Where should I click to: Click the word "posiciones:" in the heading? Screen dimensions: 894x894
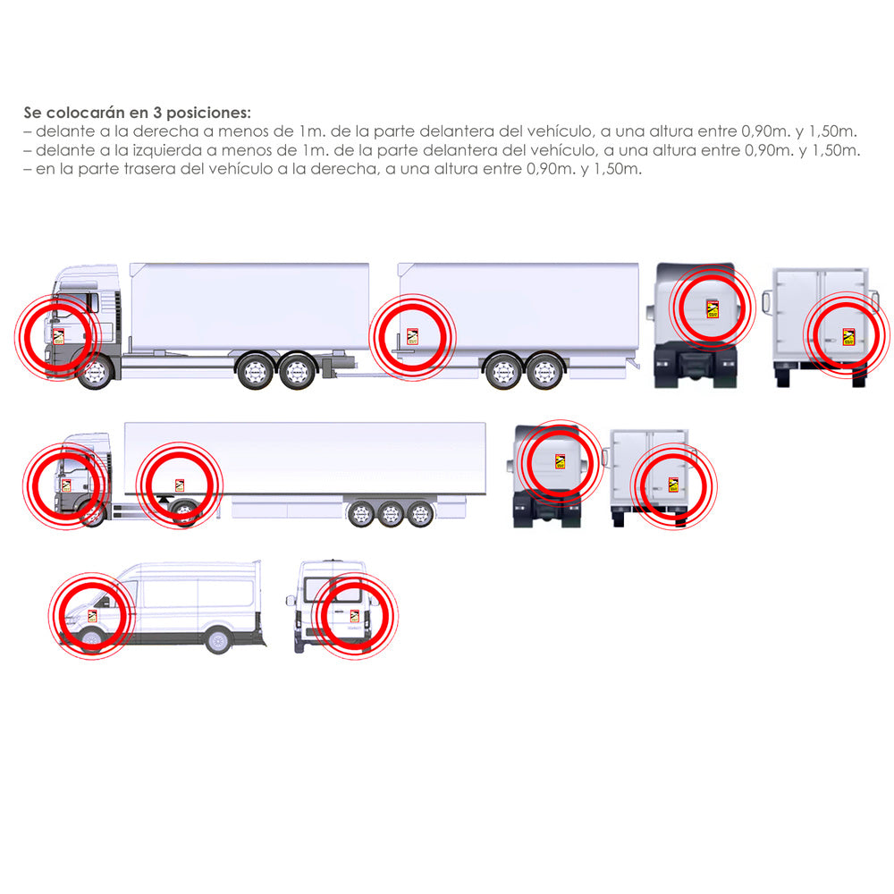(x=208, y=113)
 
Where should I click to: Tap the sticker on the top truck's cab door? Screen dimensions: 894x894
(x=58, y=336)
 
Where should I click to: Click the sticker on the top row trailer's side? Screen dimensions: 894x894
(x=412, y=336)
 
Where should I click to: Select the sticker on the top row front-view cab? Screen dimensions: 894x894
(x=713, y=308)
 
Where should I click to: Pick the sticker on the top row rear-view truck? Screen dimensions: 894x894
(x=848, y=336)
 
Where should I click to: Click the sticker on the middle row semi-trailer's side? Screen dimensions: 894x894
(x=180, y=485)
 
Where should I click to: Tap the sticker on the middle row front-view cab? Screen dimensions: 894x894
(x=560, y=461)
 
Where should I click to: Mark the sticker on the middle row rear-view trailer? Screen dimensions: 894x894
(x=673, y=485)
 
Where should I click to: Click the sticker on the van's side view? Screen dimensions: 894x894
(x=92, y=616)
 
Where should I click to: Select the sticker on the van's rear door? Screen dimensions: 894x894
(x=354, y=616)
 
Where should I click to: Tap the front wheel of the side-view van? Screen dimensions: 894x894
(x=92, y=640)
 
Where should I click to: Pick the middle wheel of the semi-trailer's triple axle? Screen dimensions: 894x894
(x=391, y=515)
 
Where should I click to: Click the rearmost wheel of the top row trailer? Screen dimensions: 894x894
(x=544, y=372)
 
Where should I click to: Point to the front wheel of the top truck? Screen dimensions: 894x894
(x=96, y=373)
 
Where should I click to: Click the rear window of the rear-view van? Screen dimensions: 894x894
(x=333, y=589)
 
